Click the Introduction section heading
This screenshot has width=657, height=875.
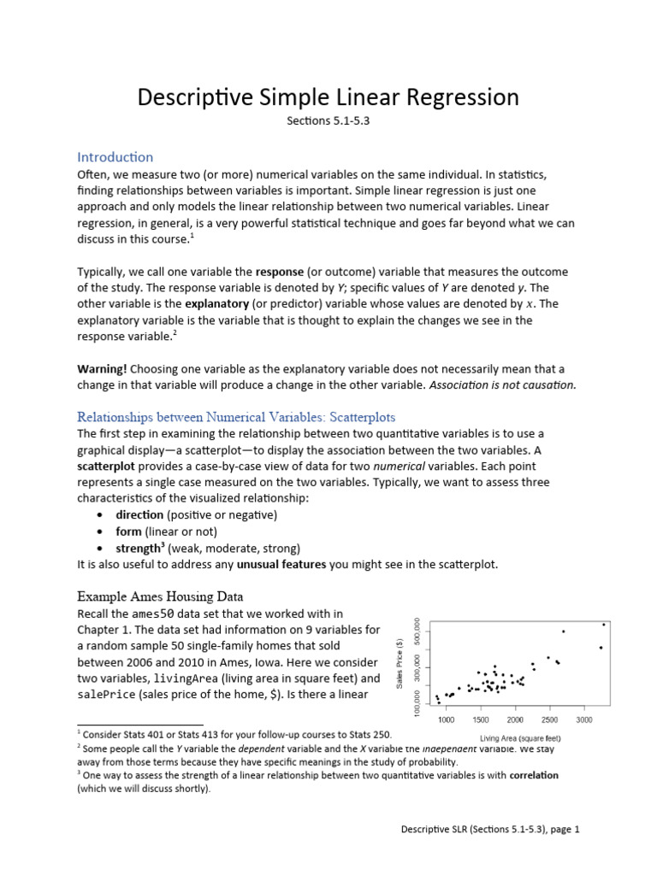coord(115,157)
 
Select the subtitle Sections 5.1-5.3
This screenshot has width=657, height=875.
coord(328,121)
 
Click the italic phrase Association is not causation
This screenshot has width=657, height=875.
coord(503,385)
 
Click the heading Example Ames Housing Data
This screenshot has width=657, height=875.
coord(160,596)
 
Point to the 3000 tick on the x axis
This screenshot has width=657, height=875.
coord(583,721)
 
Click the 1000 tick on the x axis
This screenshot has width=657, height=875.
coord(447,721)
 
